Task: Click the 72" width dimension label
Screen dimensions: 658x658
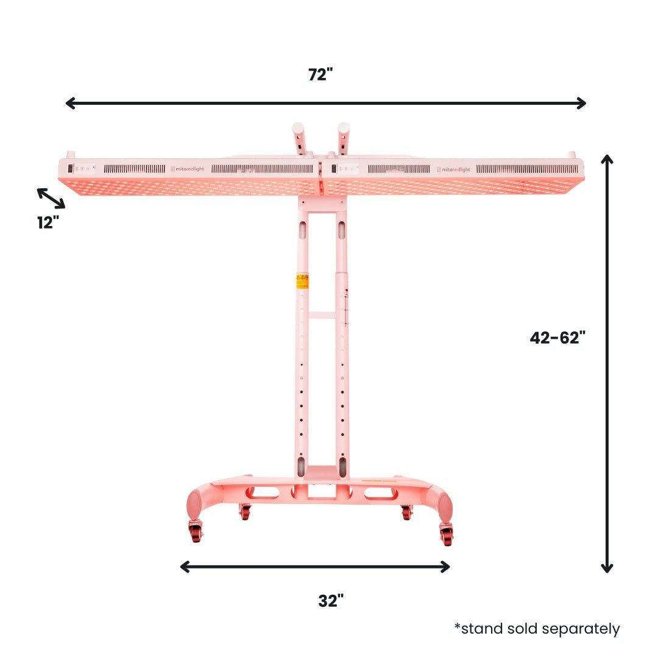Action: tap(320, 74)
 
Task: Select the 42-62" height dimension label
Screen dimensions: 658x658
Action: tap(557, 338)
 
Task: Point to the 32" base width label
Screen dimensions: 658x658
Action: tap(331, 601)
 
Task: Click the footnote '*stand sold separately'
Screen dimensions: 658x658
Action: tap(537, 629)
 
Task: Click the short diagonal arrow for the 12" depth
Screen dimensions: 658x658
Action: tap(51, 198)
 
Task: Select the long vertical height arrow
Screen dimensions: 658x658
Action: tap(606, 363)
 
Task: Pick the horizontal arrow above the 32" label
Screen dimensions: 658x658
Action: tap(315, 567)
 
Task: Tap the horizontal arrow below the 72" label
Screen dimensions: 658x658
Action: tap(325, 103)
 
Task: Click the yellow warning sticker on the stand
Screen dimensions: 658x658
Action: tap(302, 280)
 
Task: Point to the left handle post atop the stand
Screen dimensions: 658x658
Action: tap(298, 138)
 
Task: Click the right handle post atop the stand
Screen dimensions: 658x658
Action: tap(342, 138)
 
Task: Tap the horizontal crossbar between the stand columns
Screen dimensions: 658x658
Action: tap(322, 315)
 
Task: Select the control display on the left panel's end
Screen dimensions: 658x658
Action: tap(71, 168)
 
